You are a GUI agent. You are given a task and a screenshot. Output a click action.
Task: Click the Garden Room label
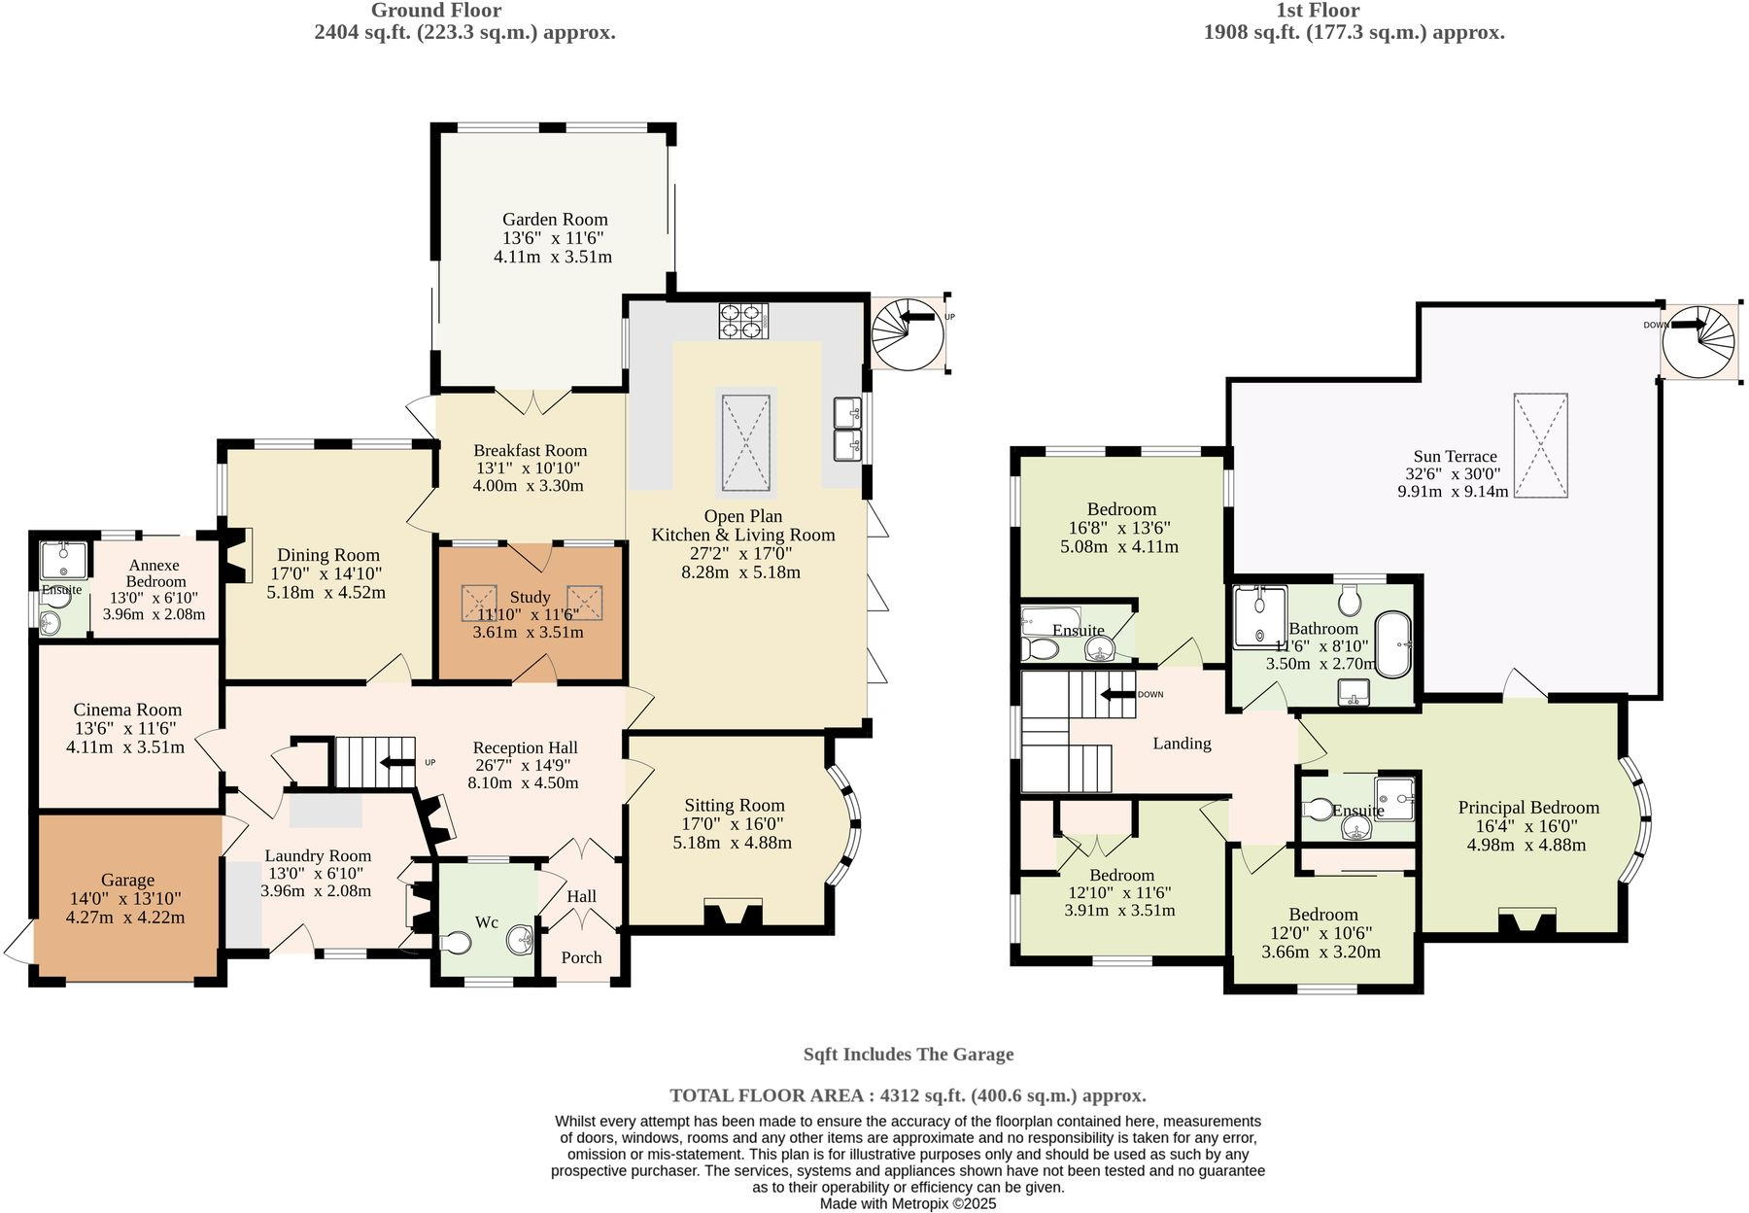coord(555,220)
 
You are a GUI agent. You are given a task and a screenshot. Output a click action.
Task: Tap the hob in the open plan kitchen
coord(744,321)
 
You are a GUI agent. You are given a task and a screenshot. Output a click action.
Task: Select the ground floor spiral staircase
coord(908,333)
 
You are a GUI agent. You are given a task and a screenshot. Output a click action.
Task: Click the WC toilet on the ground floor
coord(455,943)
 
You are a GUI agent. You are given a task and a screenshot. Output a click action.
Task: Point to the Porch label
coord(581,957)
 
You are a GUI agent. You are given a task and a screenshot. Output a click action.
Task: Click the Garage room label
coord(127,880)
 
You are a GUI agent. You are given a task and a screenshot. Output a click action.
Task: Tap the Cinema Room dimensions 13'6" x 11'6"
coord(127,728)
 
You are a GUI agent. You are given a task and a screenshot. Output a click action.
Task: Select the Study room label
coord(530,597)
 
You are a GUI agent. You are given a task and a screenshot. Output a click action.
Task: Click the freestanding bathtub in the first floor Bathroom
coord(1394,644)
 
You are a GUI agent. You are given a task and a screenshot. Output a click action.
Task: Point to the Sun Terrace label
coord(1455,456)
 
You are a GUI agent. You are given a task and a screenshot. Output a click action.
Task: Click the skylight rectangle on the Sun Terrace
coord(1540,446)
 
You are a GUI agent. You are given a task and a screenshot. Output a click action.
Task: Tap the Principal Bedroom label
coord(1527,808)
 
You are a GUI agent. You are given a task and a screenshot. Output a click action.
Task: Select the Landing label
coord(1182,744)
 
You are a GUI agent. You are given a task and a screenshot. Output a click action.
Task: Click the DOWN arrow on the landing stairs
coord(1117,694)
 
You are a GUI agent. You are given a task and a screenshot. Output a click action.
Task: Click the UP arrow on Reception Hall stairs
coord(397,763)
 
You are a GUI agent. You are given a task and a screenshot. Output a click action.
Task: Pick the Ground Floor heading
coord(436,11)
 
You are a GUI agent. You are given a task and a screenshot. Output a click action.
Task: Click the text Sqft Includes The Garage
coord(908,1055)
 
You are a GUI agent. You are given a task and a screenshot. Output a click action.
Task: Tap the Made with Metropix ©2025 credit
coord(908,1203)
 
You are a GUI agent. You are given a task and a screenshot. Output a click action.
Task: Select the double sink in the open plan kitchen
coord(848,429)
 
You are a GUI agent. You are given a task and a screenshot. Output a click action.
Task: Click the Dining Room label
coord(328,555)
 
